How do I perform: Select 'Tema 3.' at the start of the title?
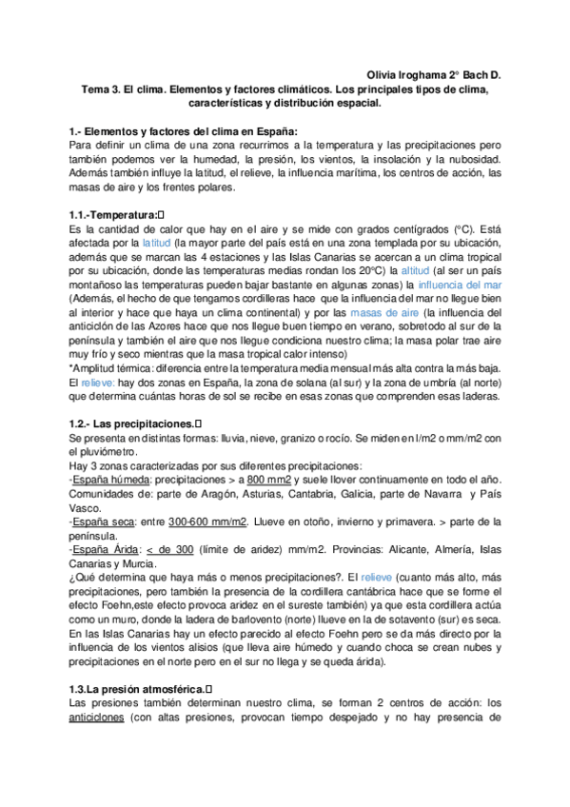[x=100, y=89]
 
